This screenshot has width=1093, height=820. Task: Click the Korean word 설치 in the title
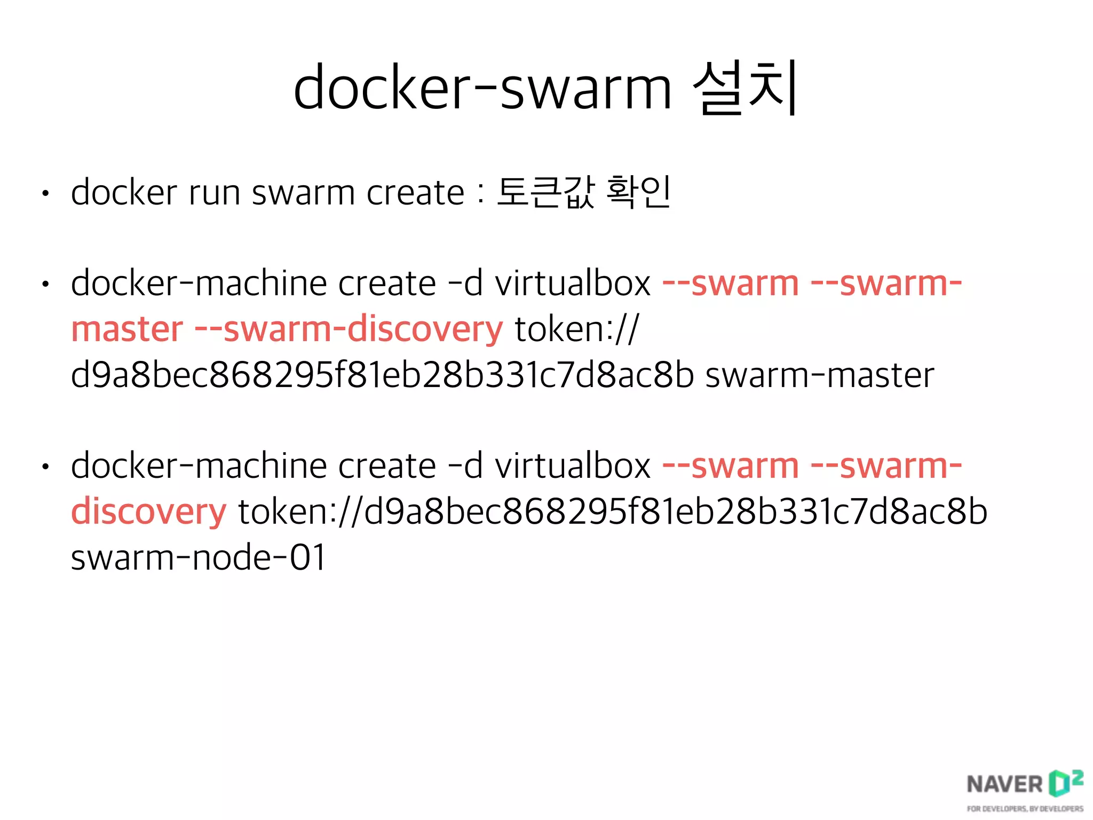point(745,88)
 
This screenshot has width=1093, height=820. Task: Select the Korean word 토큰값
point(545,192)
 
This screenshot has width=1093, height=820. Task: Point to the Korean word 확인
point(638,192)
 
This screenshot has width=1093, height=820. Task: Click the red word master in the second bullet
point(127,329)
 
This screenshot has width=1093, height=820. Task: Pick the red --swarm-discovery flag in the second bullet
point(349,329)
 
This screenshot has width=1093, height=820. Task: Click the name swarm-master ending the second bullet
point(820,375)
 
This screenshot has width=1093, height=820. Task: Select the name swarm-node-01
point(198,557)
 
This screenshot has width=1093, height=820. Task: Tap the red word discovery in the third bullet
point(149,511)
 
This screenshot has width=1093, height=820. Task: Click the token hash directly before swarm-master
point(382,375)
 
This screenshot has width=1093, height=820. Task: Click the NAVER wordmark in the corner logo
point(1004,784)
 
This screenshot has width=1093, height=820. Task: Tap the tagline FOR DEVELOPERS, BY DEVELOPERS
point(1025,809)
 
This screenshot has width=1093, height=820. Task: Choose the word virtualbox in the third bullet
point(573,466)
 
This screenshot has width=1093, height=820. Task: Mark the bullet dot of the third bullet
point(46,467)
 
